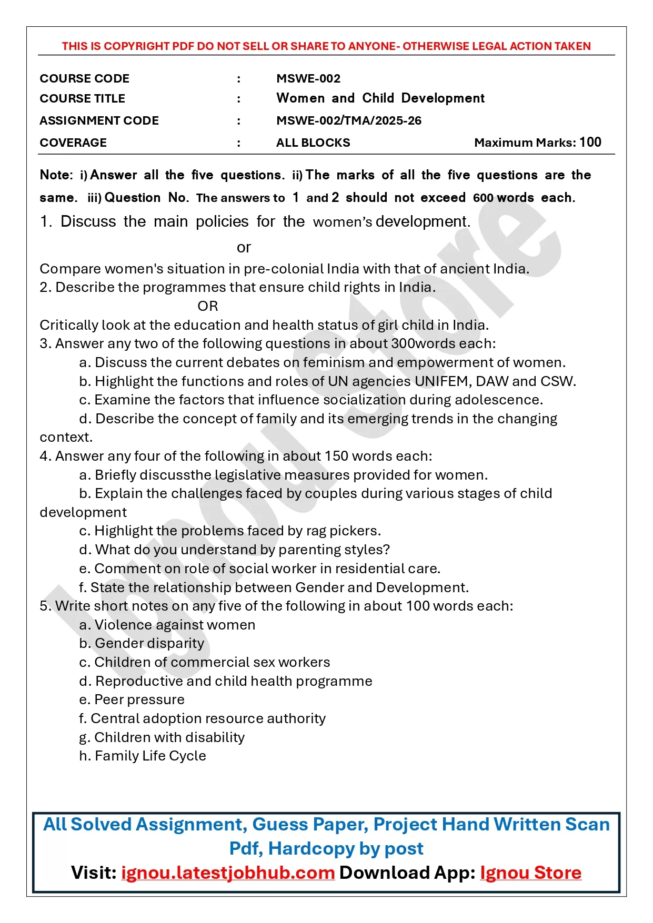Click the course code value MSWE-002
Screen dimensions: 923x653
pyautogui.click(x=308, y=78)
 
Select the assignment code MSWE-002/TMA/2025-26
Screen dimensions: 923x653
pyautogui.click(x=348, y=120)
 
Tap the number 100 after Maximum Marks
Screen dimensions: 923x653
pyautogui.click(x=590, y=142)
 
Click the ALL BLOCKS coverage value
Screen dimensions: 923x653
pyautogui.click(x=313, y=143)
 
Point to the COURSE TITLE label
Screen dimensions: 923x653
pyautogui.click(x=82, y=98)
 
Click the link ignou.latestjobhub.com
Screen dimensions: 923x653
pyautogui.click(x=228, y=873)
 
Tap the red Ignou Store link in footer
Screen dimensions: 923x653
pyautogui.click(x=530, y=873)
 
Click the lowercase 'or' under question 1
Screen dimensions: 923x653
pyautogui.click(x=244, y=247)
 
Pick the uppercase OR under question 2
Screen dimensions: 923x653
pyautogui.click(x=207, y=306)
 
